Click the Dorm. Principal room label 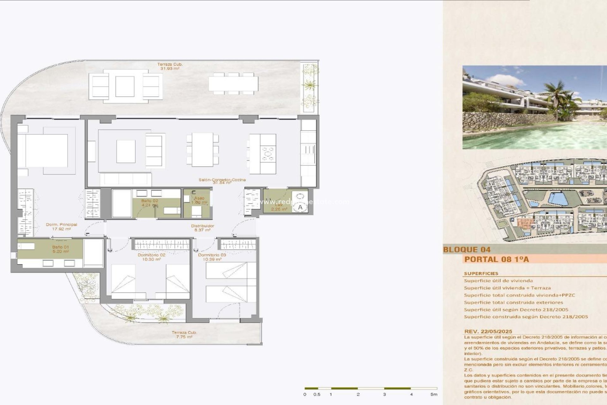[x=61, y=225]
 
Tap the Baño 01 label [x=60, y=247]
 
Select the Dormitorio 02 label [x=151, y=255]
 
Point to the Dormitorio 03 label [x=212, y=255]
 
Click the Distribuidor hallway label [x=203, y=226]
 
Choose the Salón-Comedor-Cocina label [x=222, y=180]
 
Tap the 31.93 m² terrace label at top [x=170, y=68]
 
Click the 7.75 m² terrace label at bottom [x=184, y=337]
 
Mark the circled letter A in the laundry [x=300, y=207]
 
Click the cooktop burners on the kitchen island [x=268, y=154]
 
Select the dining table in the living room [x=203, y=149]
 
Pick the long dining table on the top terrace [x=233, y=84]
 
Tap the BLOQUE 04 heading [x=467, y=249]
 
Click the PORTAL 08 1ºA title [x=496, y=259]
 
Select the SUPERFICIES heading [x=481, y=273]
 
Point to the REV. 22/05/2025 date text [x=488, y=331]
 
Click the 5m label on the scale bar [x=434, y=394]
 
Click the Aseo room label [x=199, y=198]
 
